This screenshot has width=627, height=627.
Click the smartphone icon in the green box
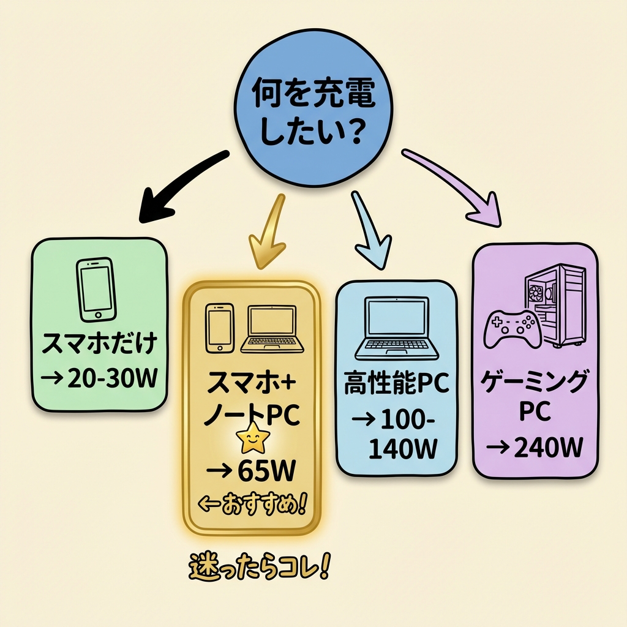click(97, 289)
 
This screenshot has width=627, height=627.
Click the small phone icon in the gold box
click(220, 328)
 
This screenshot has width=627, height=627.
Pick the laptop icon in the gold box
click(272, 329)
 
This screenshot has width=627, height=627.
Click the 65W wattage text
click(252, 472)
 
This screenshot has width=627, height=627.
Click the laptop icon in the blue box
click(397, 328)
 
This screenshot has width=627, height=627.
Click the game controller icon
click(512, 328)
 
